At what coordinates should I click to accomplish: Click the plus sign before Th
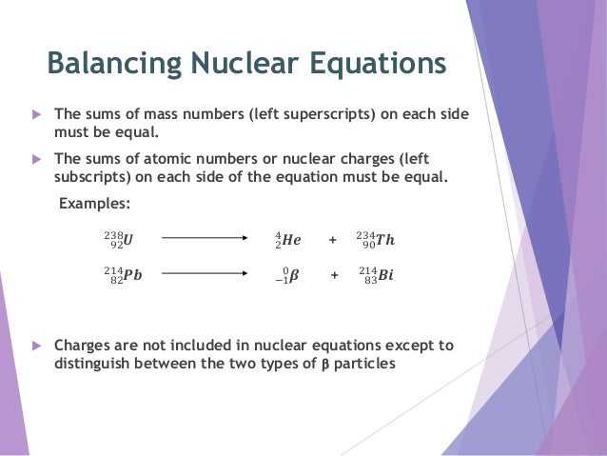tap(332, 240)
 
